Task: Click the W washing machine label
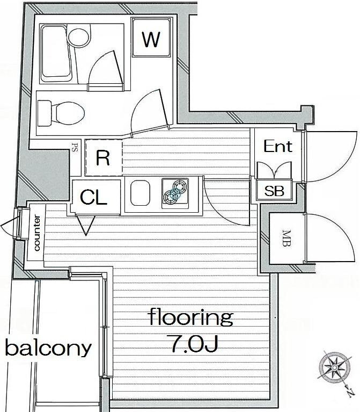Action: pyautogui.click(x=151, y=39)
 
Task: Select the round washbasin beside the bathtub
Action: pyautogui.click(x=78, y=38)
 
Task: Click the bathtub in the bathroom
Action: pyautogui.click(x=56, y=53)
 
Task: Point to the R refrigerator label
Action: pyautogui.click(x=103, y=158)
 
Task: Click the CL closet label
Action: pyautogui.click(x=94, y=197)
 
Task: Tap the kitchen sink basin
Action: pyautogui.click(x=141, y=193)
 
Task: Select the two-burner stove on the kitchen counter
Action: pyautogui.click(x=175, y=193)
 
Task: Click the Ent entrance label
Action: pyautogui.click(x=277, y=146)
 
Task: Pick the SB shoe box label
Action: pyautogui.click(x=274, y=191)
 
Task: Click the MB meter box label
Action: pyautogui.click(x=287, y=238)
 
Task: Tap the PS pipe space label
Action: pyautogui.click(x=75, y=147)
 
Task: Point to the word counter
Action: pyautogui.click(x=36, y=233)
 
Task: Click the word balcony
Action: pyautogui.click(x=48, y=348)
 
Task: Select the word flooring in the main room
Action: pyautogui.click(x=191, y=317)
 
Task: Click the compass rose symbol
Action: pyautogui.click(x=335, y=367)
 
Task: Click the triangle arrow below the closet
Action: pyautogui.click(x=85, y=225)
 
